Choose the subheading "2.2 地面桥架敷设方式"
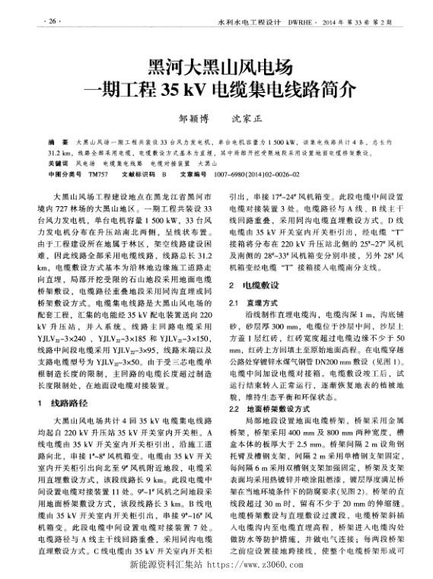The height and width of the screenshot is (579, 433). [270, 409]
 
